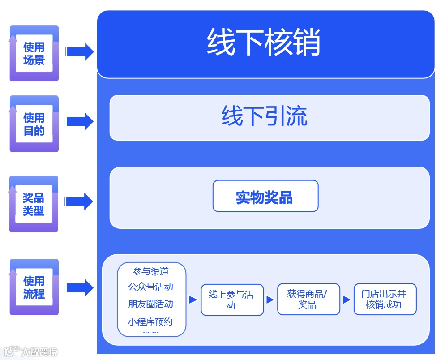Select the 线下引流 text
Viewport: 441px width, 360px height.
click(x=264, y=116)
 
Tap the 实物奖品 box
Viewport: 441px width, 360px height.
click(x=265, y=196)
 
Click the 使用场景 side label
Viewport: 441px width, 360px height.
click(x=34, y=54)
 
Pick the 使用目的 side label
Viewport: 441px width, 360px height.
click(x=34, y=124)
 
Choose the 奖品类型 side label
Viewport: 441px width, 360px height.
click(x=34, y=204)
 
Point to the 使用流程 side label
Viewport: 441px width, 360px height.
click(x=34, y=287)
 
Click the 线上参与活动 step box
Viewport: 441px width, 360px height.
click(x=232, y=300)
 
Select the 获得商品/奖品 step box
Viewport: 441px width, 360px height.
click(x=308, y=299)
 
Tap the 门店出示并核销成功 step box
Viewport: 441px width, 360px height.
click(x=385, y=299)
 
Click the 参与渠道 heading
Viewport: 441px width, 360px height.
click(x=151, y=271)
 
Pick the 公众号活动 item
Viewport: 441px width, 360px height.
click(x=151, y=287)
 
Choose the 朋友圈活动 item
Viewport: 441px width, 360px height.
click(x=151, y=304)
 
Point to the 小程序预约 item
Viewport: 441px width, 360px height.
click(x=151, y=321)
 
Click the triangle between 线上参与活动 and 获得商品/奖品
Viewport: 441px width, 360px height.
click(x=270, y=300)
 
